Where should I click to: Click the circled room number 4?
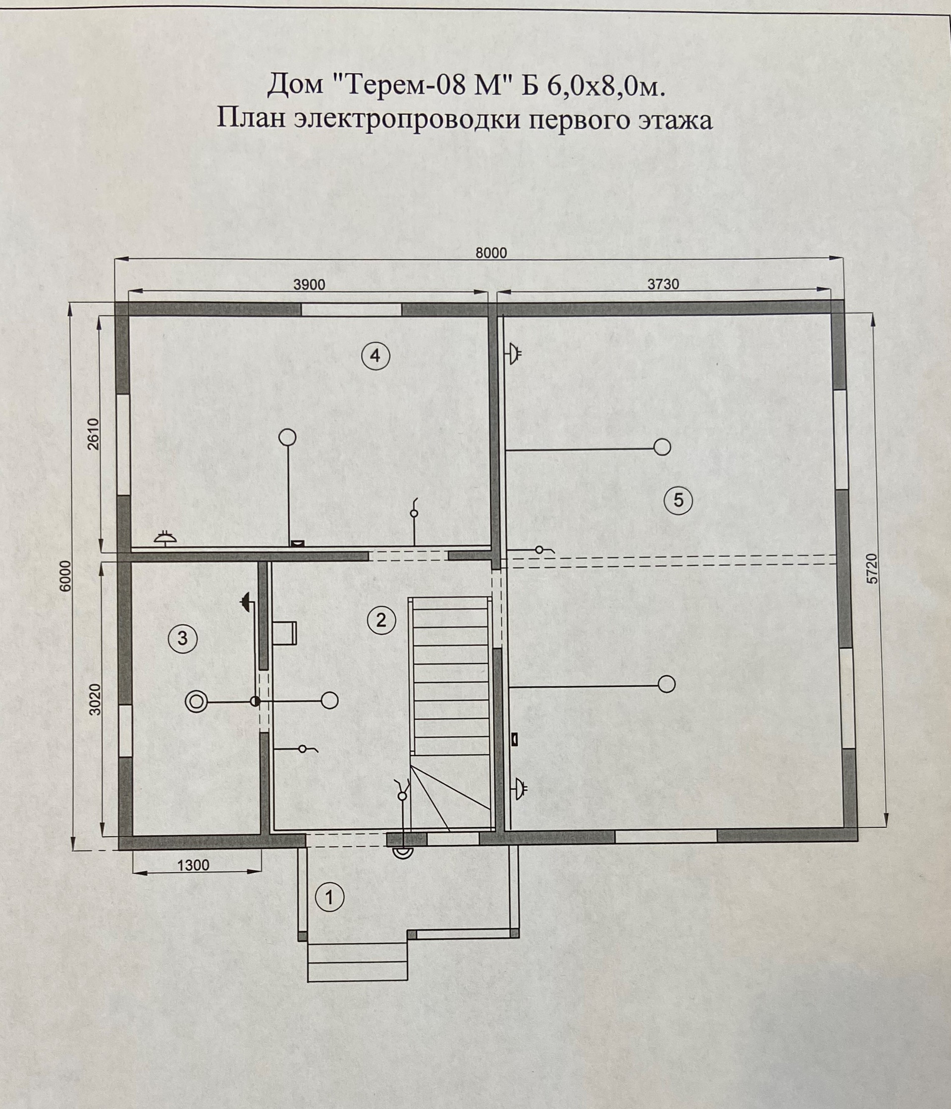click(x=375, y=355)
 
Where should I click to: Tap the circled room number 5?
click(x=678, y=500)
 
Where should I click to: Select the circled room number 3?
click(x=183, y=638)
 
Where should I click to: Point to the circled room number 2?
click(x=381, y=620)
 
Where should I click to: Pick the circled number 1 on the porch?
click(x=329, y=897)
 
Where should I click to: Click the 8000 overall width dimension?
click(x=491, y=253)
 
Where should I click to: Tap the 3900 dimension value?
click(x=309, y=285)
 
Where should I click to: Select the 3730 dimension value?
click(x=663, y=284)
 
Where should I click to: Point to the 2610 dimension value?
click(x=93, y=434)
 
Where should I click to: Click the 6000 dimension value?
click(x=65, y=575)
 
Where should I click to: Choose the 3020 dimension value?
click(x=95, y=699)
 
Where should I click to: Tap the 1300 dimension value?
click(x=193, y=865)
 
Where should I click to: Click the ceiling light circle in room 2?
click(x=329, y=700)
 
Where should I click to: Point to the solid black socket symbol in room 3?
click(x=246, y=602)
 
